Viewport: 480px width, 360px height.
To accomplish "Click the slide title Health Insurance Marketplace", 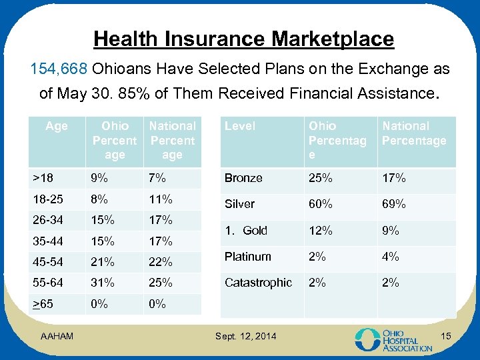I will (243, 39).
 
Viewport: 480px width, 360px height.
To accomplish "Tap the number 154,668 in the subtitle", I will (60, 69).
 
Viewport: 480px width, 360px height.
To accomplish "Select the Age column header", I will (57, 126).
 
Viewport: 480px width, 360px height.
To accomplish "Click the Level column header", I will (239, 126).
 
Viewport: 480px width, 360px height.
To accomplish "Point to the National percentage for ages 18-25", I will (161, 199).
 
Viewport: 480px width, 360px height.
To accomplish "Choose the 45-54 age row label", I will (47, 261).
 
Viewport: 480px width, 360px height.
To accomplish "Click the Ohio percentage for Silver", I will (319, 204).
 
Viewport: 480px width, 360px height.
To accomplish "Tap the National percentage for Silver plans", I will (393, 204).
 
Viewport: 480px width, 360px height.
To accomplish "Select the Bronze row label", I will (243, 178).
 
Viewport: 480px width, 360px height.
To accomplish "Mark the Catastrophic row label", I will (258, 283).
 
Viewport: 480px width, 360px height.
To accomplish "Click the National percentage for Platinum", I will (390, 257).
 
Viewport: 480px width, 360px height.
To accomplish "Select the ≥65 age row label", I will (43, 304).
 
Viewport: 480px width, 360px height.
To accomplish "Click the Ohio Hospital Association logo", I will (393, 339).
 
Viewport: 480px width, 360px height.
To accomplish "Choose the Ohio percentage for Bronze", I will (319, 178).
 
